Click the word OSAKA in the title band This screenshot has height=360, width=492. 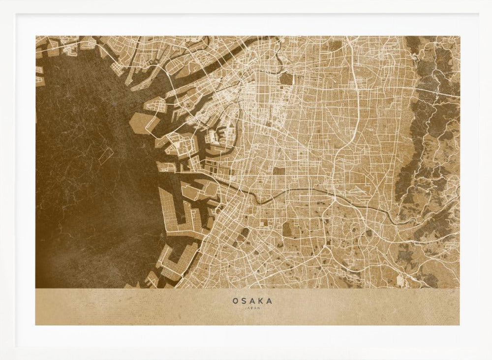tap(252, 300)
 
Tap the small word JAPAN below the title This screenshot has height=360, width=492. tap(252, 308)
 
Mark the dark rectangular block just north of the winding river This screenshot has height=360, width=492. tap(279, 171)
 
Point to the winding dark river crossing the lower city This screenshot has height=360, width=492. tap(295, 189)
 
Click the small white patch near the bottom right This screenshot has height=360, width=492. tap(399, 280)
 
